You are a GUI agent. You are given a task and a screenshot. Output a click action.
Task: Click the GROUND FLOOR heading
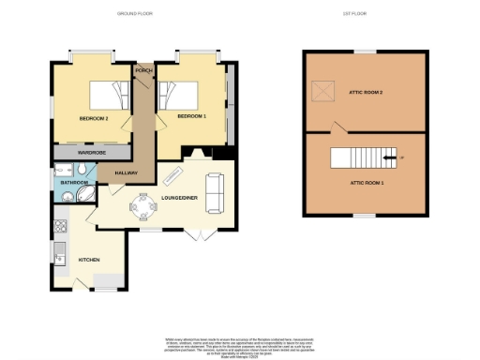[134, 13]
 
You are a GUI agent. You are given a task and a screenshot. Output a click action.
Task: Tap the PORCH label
[143, 70]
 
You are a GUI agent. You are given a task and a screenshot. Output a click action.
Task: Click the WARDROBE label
[93, 151]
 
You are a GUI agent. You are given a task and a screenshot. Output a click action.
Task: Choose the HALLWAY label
[127, 172]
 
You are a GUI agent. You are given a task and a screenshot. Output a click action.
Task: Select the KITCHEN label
[89, 260]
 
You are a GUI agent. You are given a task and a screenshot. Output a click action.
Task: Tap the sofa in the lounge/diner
[215, 191]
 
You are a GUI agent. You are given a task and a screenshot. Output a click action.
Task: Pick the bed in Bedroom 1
[179, 95]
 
